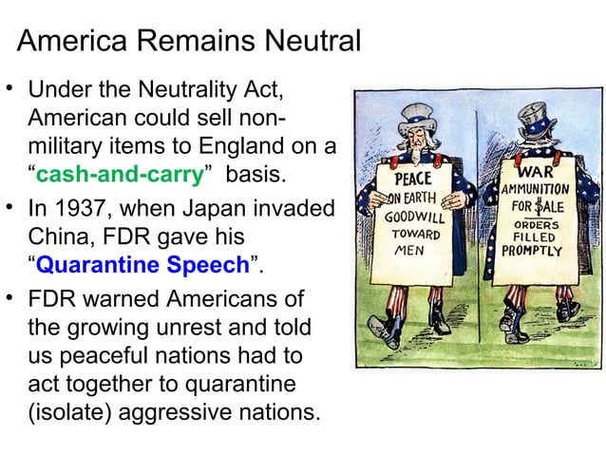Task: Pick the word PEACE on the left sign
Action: point(412,179)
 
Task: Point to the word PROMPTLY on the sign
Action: point(532,252)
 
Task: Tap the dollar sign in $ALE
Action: point(539,205)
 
